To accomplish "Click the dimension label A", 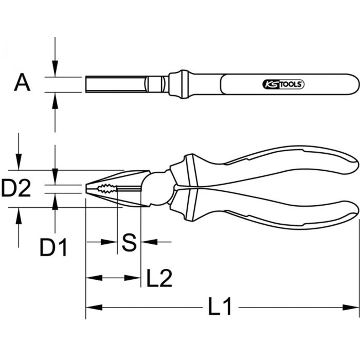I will tap(22, 84).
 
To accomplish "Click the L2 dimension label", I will tap(159, 278).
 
